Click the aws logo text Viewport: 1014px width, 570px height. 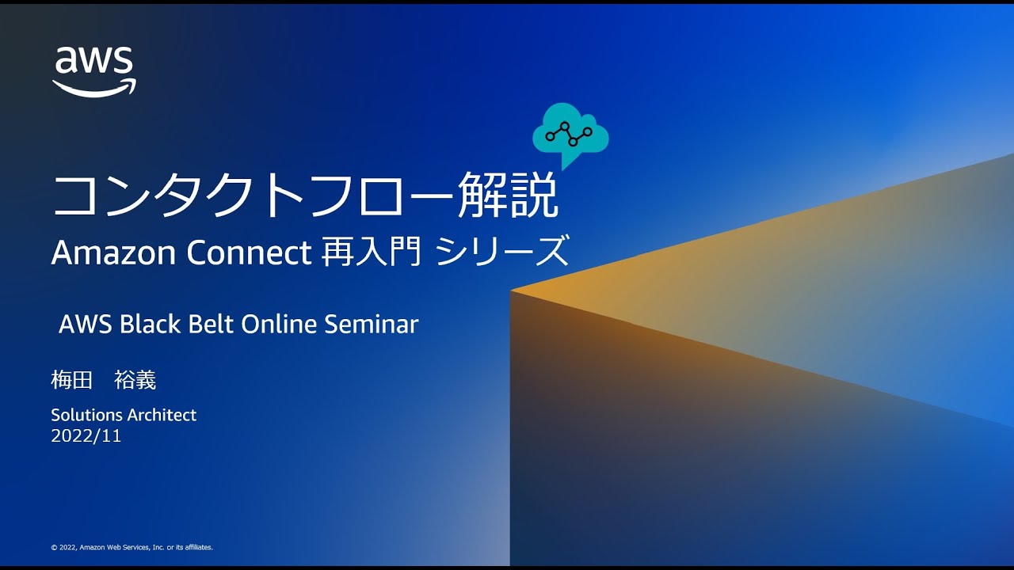coord(93,61)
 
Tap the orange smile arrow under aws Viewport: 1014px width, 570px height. coord(94,89)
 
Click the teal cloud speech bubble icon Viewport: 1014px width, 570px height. coord(570,134)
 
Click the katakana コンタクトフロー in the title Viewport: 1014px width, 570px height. coord(253,196)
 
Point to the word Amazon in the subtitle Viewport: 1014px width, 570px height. coord(112,253)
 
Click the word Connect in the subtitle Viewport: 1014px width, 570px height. coord(249,253)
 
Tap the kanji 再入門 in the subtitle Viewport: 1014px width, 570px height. coord(371,253)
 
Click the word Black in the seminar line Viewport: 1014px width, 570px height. coord(151,324)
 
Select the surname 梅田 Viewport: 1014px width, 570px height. coord(72,380)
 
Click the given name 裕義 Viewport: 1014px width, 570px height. coord(135,380)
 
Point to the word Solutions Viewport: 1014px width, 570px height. coord(86,415)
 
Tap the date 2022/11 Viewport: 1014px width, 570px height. coord(86,435)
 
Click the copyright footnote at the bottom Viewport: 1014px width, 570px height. coord(132,547)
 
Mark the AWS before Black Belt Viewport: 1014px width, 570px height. coord(86,324)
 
